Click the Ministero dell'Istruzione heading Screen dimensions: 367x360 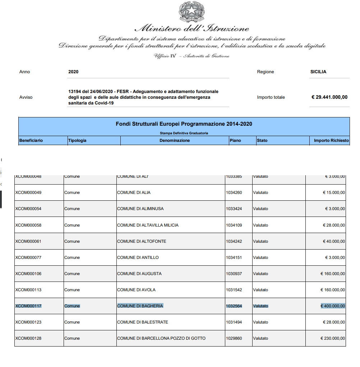pyautogui.click(x=192, y=29)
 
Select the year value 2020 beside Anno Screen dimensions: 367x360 pyautogui.click(x=73, y=72)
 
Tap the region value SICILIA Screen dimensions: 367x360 pyautogui.click(x=318, y=72)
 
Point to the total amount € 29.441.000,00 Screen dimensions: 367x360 pyautogui.click(x=329, y=97)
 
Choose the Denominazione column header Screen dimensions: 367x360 pyautogui.click(x=175, y=140)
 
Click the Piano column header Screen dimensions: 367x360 pyautogui.click(x=235, y=140)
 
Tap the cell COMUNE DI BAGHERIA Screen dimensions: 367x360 pyautogui.click(x=140, y=306)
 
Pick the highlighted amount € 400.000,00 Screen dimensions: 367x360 pyautogui.click(x=333, y=306)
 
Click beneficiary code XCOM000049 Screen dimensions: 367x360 pyautogui.click(x=28, y=192)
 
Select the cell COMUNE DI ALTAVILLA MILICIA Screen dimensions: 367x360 pyautogui.click(x=148, y=225)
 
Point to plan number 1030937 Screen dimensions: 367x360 pyautogui.click(x=234, y=274)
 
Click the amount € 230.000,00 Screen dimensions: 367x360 pyautogui.click(x=333, y=338)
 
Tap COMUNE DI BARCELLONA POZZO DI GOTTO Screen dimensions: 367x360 pyautogui.click(x=161, y=338)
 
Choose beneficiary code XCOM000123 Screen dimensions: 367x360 pyautogui.click(x=28, y=322)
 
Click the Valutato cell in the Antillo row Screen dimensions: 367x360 pyautogui.click(x=260, y=257)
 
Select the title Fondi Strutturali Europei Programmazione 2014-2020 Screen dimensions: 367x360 pyautogui.click(x=184, y=124)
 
